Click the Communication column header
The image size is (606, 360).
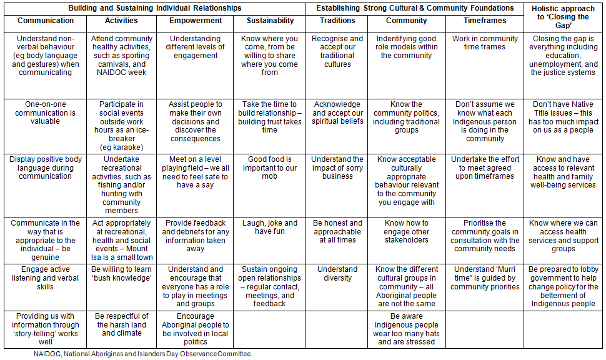tap(45, 21)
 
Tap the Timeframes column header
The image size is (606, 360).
tap(485, 21)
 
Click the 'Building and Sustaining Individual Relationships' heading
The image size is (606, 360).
tap(154, 8)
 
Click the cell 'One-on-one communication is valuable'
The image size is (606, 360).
tap(45, 112)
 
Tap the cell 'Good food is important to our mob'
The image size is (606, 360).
tap(271, 167)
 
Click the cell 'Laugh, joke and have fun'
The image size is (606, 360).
tap(271, 227)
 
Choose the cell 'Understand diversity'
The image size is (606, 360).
tap(337, 274)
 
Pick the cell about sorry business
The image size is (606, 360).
tap(337, 167)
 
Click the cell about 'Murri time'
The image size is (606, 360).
tap(485, 278)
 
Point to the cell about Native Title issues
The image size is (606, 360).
tap(564, 117)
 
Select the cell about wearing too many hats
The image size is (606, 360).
tap(407, 329)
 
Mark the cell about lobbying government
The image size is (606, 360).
tap(564, 286)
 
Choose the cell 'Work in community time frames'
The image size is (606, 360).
tap(485, 42)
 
